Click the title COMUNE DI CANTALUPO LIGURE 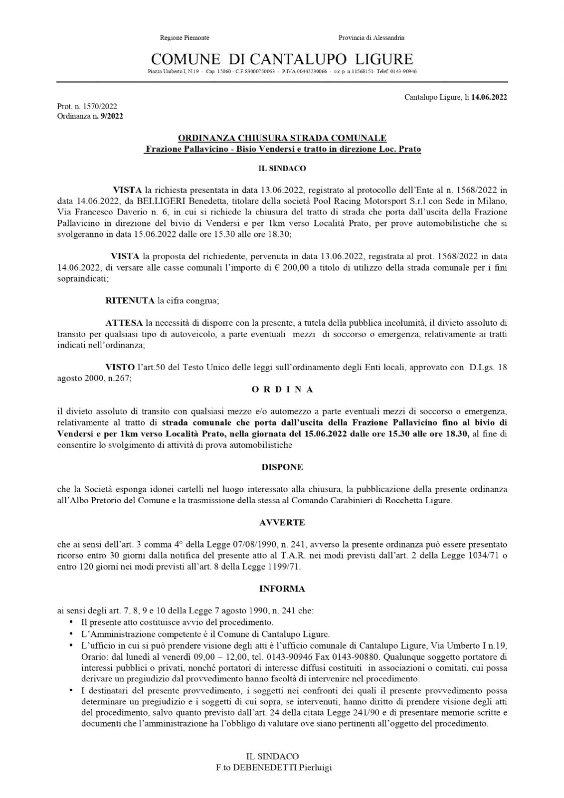(282, 59)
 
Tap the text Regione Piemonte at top (185, 38)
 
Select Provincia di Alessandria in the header (371, 38)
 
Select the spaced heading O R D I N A (282, 390)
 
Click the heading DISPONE (282, 467)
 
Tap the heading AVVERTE (282, 523)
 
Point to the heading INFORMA (282, 589)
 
